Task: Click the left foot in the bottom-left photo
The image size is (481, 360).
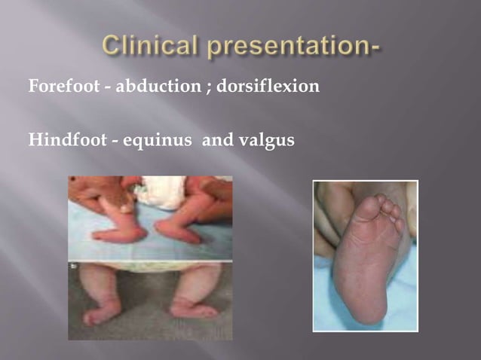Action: coord(101,311)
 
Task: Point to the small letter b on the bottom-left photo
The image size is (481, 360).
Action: coord(72,267)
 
